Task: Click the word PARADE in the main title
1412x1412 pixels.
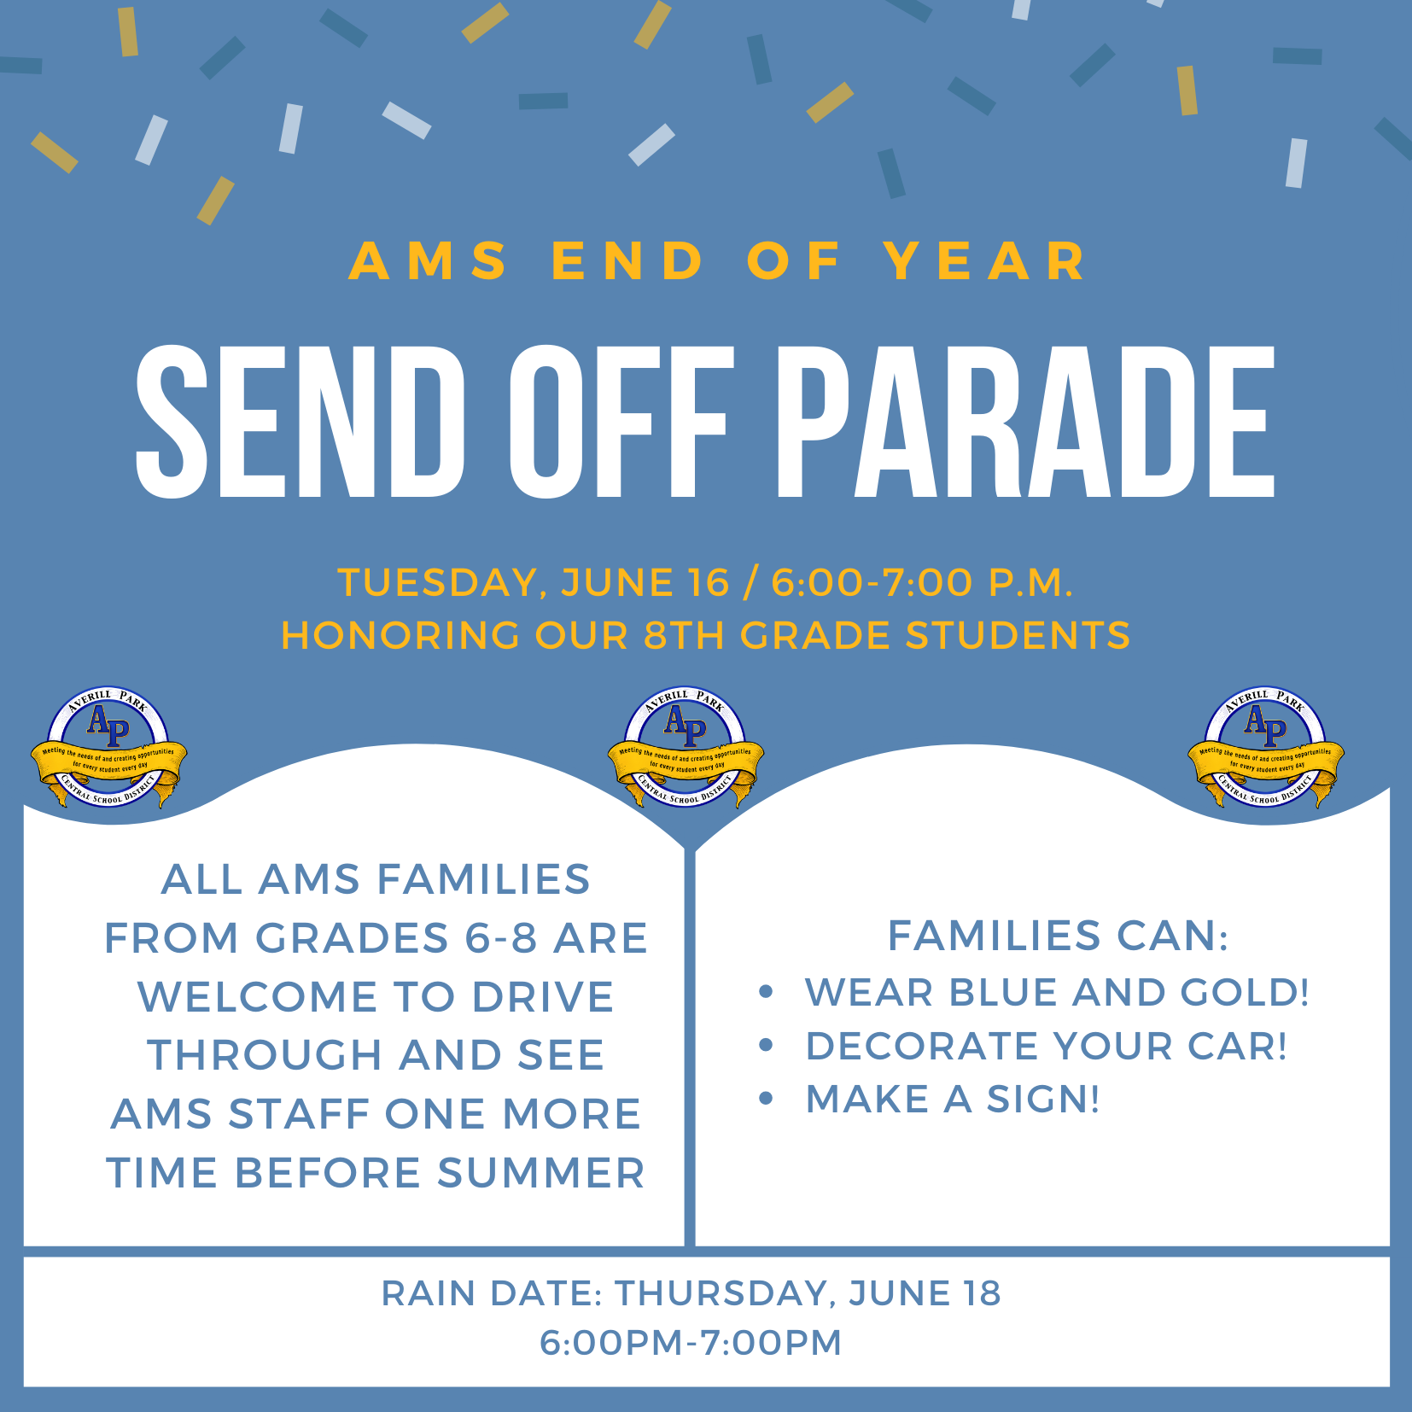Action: (x=1024, y=422)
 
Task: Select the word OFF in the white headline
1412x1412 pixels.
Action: (x=621, y=422)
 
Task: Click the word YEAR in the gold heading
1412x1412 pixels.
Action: (x=986, y=261)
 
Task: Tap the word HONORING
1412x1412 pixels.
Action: (x=400, y=636)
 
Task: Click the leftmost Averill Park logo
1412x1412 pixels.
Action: (x=108, y=749)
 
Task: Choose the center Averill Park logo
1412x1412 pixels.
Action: (x=686, y=749)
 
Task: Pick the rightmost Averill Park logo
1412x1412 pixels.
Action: (x=1266, y=749)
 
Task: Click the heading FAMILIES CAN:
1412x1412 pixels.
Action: (x=1058, y=936)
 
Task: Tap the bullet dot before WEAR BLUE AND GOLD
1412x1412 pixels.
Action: (x=766, y=992)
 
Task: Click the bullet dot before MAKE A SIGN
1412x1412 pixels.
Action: (x=766, y=1099)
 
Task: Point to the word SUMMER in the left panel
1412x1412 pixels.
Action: (x=541, y=1173)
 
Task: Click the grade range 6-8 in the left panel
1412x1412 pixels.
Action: (x=501, y=938)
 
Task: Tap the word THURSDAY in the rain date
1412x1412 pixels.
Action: (x=725, y=1293)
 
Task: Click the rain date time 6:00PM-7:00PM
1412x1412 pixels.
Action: (x=691, y=1343)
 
